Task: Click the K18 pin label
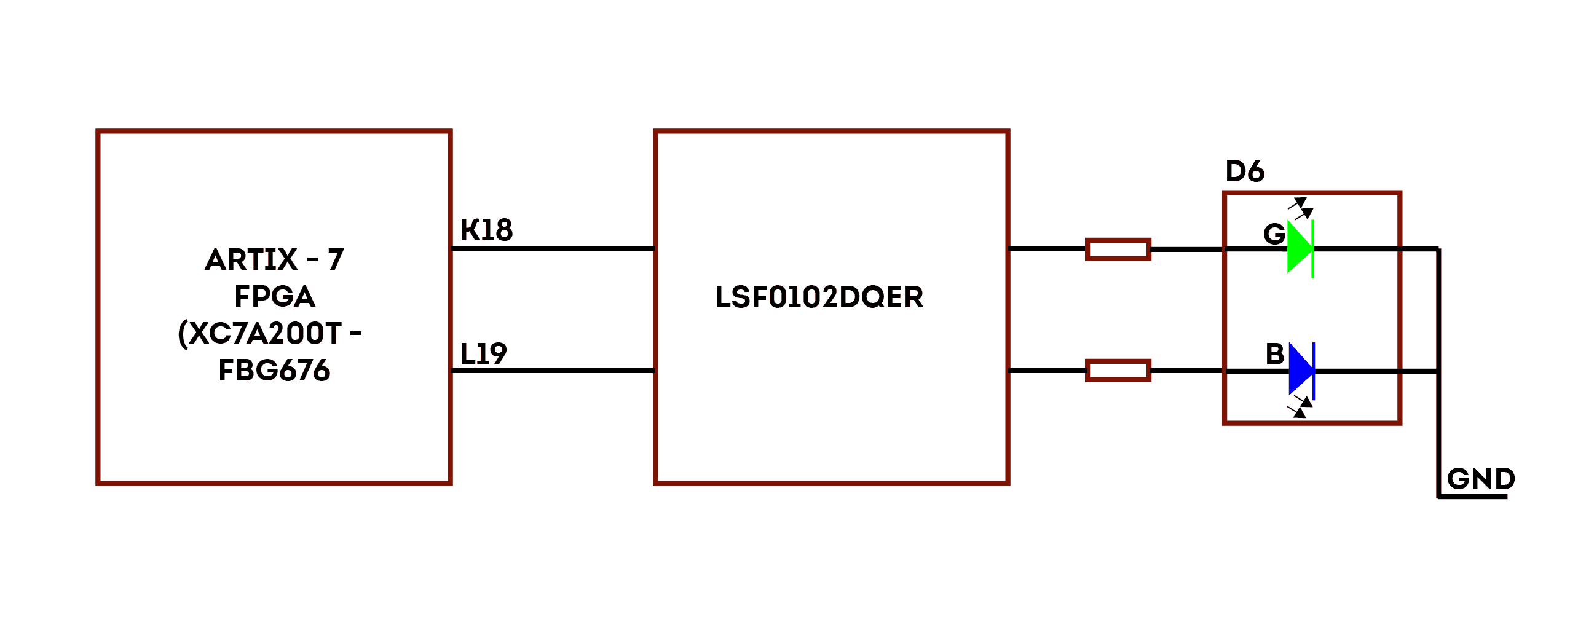tap(486, 230)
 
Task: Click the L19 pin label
tap(483, 354)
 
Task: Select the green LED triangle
tap(1299, 248)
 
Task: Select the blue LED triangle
tap(1300, 370)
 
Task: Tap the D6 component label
tap(1244, 171)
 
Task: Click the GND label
tap(1480, 479)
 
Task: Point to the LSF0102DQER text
tap(819, 297)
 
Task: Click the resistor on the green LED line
tap(1118, 250)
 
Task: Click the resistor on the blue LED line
tap(1118, 371)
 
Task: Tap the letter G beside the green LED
tap(1274, 234)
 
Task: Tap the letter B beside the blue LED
tap(1274, 354)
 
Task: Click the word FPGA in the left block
tap(275, 297)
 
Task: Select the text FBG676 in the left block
tap(275, 371)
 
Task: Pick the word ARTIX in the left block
tap(251, 259)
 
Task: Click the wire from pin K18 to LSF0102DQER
tap(552, 248)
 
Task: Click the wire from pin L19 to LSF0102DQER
tap(552, 371)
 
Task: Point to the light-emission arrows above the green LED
tap(1301, 208)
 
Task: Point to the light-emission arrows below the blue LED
tap(1300, 407)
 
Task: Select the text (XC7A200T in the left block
tap(259, 334)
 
